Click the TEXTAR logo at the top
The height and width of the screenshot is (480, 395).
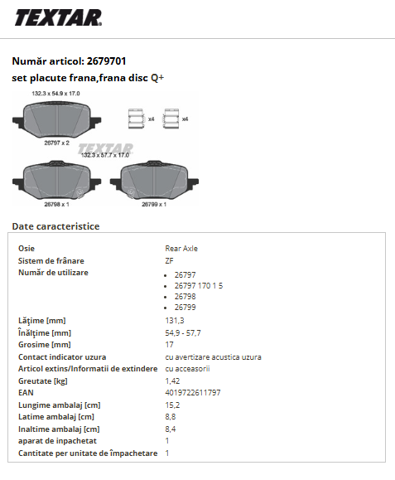[x=58, y=17]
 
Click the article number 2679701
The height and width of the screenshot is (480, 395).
[x=106, y=61]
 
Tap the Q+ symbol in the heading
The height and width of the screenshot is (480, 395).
[x=157, y=78]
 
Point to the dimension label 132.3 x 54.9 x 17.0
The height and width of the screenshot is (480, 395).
[x=55, y=94]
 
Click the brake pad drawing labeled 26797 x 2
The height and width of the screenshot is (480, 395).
[x=57, y=119]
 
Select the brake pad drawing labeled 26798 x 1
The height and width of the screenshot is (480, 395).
[x=57, y=180]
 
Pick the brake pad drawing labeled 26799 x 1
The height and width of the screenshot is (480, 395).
[x=154, y=180]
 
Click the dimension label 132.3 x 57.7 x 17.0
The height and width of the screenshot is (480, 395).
[x=105, y=155]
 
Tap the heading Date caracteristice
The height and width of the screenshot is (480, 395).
[x=55, y=226]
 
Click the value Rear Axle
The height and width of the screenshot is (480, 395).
[x=181, y=248]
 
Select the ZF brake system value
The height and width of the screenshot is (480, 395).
[x=169, y=261]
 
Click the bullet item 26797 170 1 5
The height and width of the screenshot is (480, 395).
[x=199, y=286]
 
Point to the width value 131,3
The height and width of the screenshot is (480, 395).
[x=175, y=321]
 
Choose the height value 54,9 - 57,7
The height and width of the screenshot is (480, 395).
[x=183, y=332]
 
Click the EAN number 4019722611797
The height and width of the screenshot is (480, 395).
[x=193, y=392]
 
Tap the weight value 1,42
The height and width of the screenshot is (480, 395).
[x=172, y=381]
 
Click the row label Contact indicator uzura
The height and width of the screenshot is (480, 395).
[x=62, y=357]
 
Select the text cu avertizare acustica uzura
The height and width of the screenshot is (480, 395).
[x=213, y=357]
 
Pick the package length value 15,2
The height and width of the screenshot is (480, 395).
[x=172, y=405]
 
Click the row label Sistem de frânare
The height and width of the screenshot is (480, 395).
[x=51, y=261]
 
